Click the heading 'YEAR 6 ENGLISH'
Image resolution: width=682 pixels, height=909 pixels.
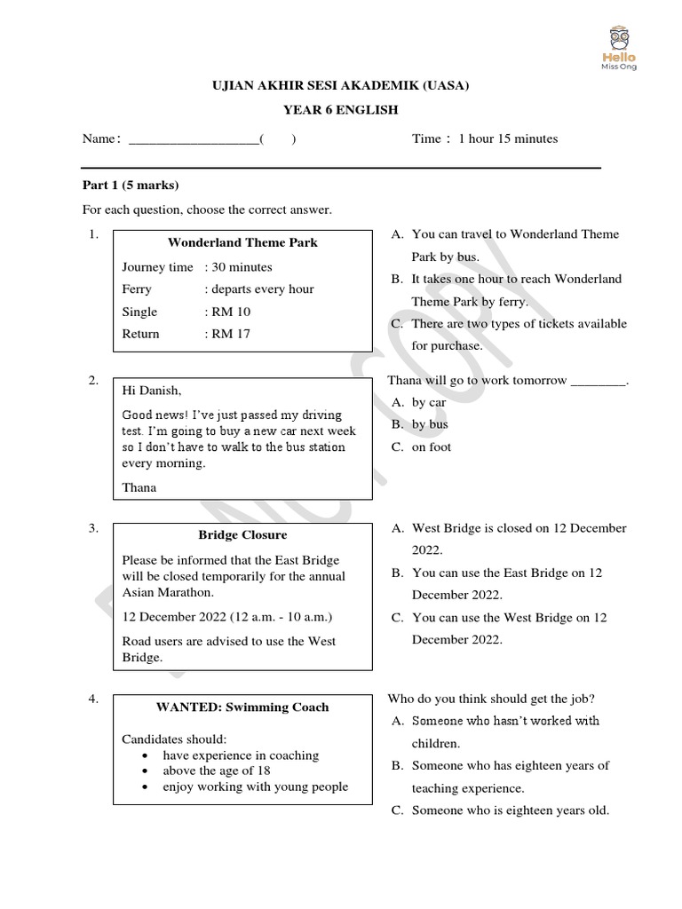[340, 110]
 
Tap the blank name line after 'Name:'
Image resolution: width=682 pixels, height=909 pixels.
[194, 139]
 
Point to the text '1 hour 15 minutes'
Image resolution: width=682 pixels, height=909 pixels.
[508, 138]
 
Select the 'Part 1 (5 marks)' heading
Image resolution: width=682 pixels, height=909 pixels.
[131, 186]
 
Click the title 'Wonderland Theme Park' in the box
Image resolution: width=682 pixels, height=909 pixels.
[242, 242]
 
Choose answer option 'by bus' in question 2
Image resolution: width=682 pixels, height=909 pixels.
[430, 424]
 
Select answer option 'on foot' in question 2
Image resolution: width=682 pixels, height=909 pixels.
[432, 447]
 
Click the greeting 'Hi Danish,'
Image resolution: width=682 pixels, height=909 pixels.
[151, 391]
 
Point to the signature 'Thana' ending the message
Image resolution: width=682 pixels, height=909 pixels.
[139, 486]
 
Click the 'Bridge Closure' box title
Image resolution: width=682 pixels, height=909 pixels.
[242, 535]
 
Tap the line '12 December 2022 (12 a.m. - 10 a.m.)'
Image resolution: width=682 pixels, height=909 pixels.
[227, 617]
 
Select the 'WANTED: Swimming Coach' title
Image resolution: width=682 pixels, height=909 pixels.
[242, 707]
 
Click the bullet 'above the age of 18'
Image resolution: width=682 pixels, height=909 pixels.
[217, 771]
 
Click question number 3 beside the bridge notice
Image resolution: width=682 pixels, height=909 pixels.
[93, 528]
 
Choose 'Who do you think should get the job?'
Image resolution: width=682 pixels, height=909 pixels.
[491, 698]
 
